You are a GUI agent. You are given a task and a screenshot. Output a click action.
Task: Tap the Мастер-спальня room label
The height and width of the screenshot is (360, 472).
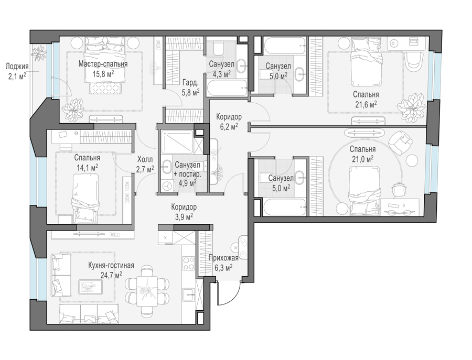pos(103,64)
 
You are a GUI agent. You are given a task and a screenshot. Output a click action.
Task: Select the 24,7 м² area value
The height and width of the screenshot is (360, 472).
pos(111,275)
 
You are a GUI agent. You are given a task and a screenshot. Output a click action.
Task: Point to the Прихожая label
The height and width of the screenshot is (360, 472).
pos(223,258)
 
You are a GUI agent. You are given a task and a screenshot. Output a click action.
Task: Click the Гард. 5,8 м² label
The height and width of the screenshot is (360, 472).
pos(190,87)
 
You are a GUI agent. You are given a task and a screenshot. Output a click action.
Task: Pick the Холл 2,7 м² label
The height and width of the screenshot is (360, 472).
pos(145,164)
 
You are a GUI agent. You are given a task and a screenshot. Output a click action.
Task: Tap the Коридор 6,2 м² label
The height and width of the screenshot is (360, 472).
pos(229,121)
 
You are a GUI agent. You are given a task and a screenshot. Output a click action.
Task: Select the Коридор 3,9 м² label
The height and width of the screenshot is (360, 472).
pos(184,211)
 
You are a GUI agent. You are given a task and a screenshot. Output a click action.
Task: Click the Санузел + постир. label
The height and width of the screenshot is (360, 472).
pos(187,169)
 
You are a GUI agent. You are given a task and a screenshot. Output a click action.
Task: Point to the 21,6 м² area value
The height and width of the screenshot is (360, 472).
pos(366,104)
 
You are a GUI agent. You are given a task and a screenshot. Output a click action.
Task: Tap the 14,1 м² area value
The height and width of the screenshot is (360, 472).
pos(87,167)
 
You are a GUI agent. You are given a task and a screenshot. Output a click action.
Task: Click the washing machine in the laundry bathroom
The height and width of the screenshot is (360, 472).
pos(166,186)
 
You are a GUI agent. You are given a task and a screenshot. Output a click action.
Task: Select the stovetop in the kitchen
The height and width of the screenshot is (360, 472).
pos(189,263)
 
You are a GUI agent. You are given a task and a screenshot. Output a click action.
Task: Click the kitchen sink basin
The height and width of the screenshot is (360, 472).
pos(189,294)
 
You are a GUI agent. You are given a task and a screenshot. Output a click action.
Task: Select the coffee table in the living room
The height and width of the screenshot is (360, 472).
pos(90,287)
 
